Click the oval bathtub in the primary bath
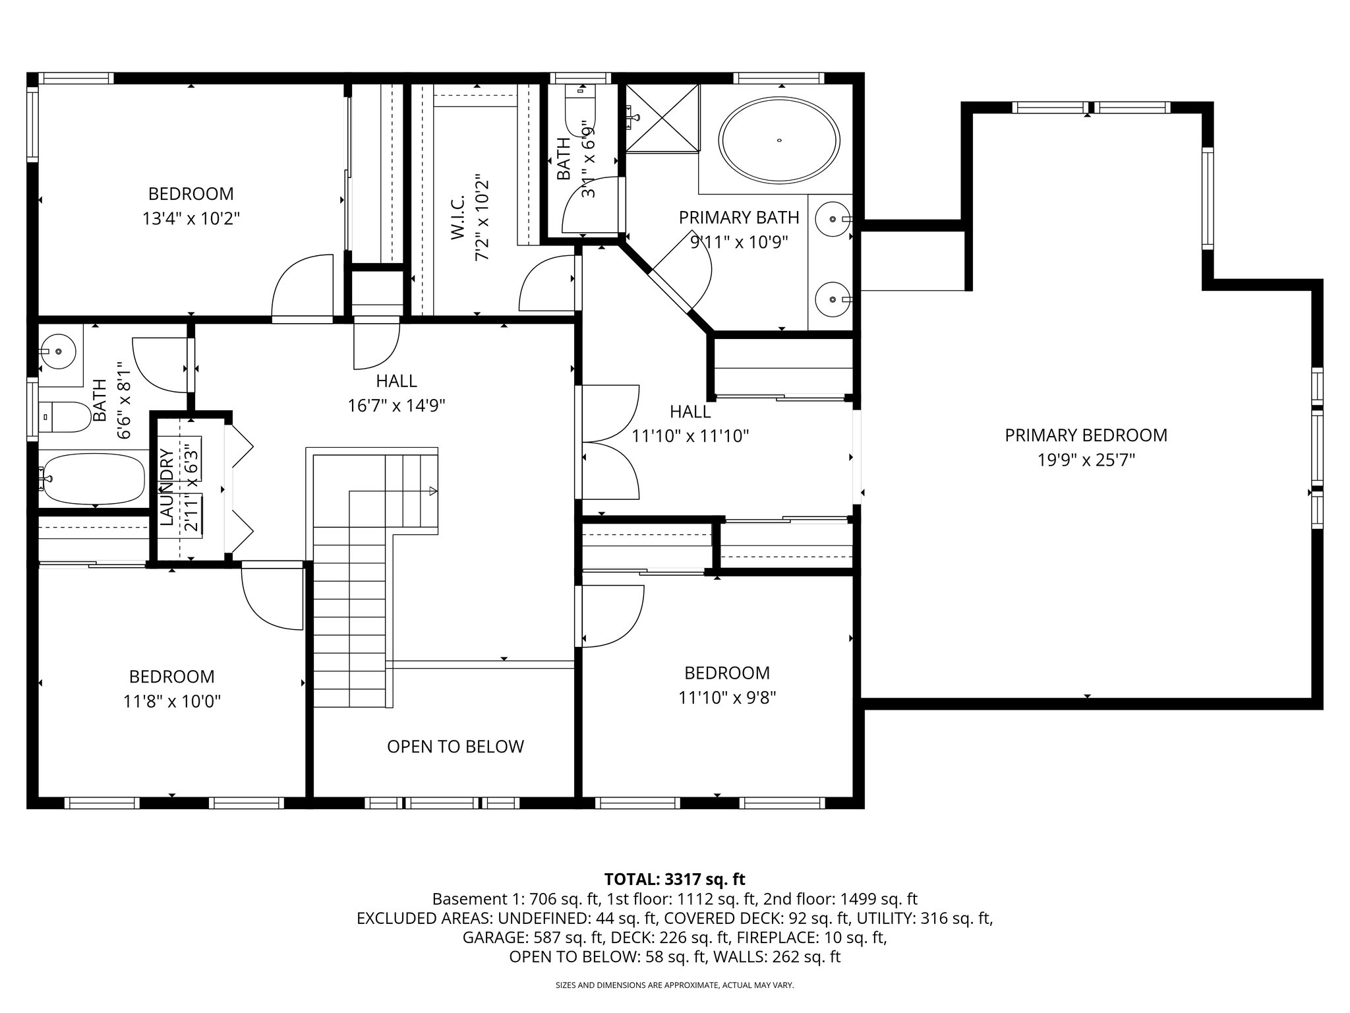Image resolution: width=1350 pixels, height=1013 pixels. pyautogui.click(x=779, y=140)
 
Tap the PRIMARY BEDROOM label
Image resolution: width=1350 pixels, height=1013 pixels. pyautogui.click(x=1086, y=435)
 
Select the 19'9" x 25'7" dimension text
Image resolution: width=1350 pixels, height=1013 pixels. pyautogui.click(x=1086, y=460)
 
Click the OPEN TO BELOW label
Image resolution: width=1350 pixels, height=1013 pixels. pyautogui.click(x=455, y=747)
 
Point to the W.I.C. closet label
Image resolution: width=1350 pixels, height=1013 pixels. pyautogui.click(x=459, y=217)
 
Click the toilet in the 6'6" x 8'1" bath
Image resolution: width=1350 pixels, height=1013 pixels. pyautogui.click(x=65, y=417)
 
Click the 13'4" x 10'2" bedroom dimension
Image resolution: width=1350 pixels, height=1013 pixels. pyautogui.click(x=191, y=218)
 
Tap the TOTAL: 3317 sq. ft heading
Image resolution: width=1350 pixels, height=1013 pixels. pyautogui.click(x=674, y=879)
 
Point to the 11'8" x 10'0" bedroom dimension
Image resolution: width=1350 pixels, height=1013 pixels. pyautogui.click(x=171, y=702)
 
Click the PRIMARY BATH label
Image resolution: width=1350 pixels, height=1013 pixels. pyautogui.click(x=739, y=218)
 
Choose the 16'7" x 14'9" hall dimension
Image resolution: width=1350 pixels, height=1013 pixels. pyautogui.click(x=396, y=406)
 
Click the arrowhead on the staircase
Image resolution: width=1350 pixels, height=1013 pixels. pyautogui.click(x=432, y=491)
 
